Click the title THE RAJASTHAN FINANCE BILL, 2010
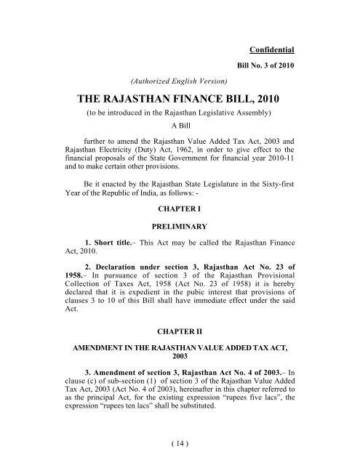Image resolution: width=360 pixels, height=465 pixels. pos(180,100)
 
